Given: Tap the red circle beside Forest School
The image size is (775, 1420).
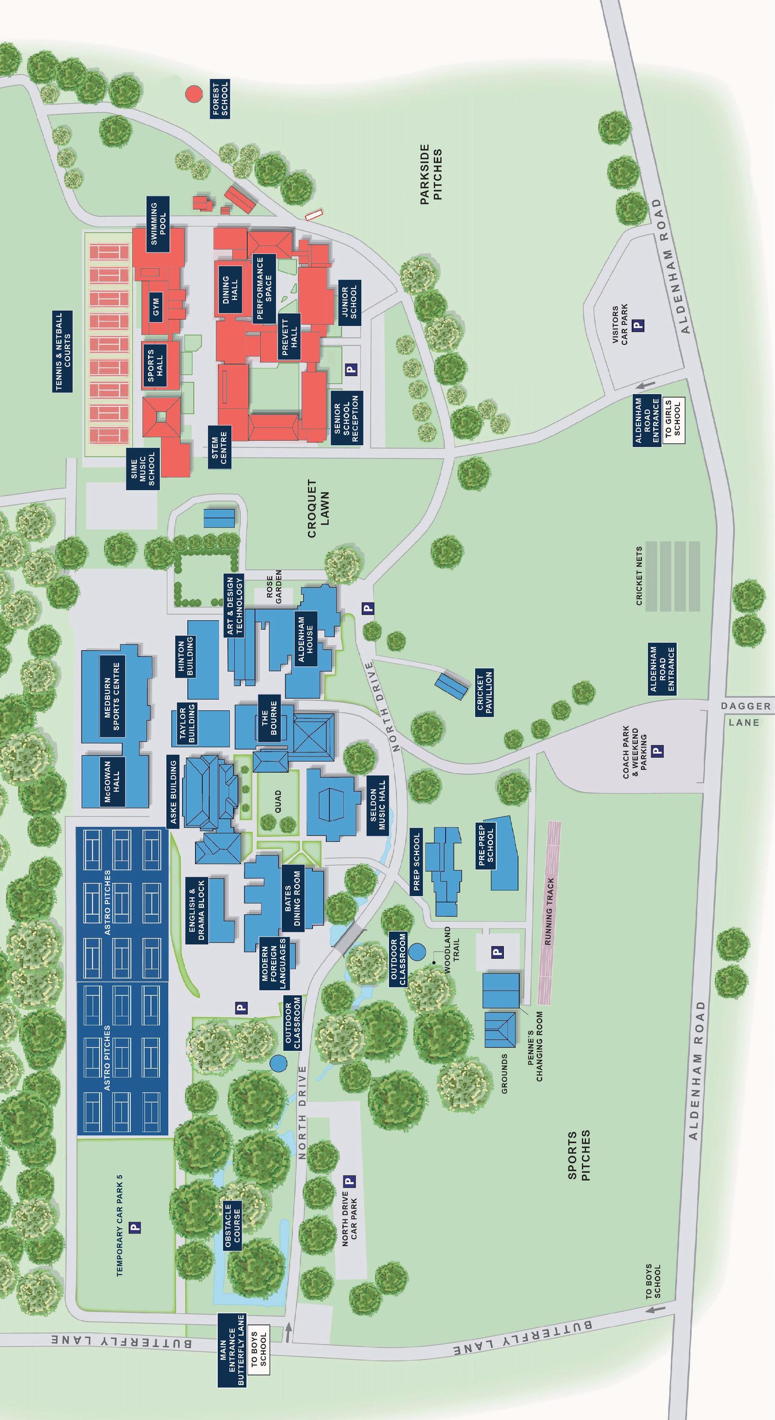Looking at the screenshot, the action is [193, 94].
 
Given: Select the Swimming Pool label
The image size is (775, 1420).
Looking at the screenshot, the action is [158, 224].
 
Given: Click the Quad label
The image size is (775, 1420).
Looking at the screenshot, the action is [278, 800].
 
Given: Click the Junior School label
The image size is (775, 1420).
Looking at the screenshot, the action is [350, 302].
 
